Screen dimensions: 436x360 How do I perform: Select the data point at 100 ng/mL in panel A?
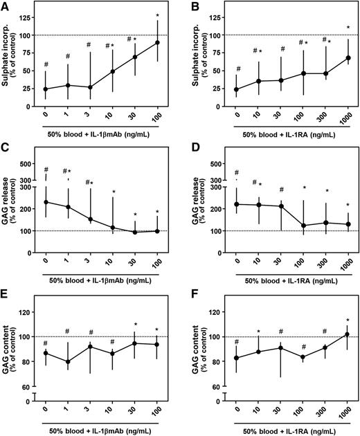(156, 42)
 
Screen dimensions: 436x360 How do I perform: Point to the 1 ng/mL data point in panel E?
(68, 361)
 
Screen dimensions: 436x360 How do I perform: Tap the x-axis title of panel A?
(100, 130)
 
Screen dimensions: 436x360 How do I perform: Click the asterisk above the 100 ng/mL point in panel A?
(157, 15)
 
